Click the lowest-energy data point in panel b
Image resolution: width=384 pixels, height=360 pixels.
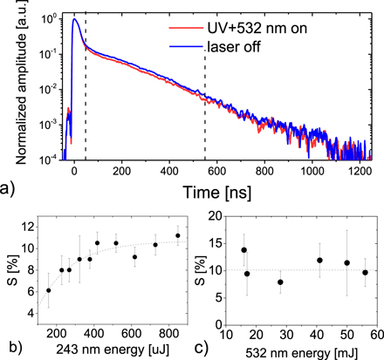point(49,290)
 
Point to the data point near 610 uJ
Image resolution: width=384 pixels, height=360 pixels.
point(134,257)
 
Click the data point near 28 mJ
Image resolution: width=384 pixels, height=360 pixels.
point(280,282)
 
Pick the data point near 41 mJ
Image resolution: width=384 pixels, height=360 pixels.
point(320,260)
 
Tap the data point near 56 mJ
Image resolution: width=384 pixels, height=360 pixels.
point(365,273)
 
